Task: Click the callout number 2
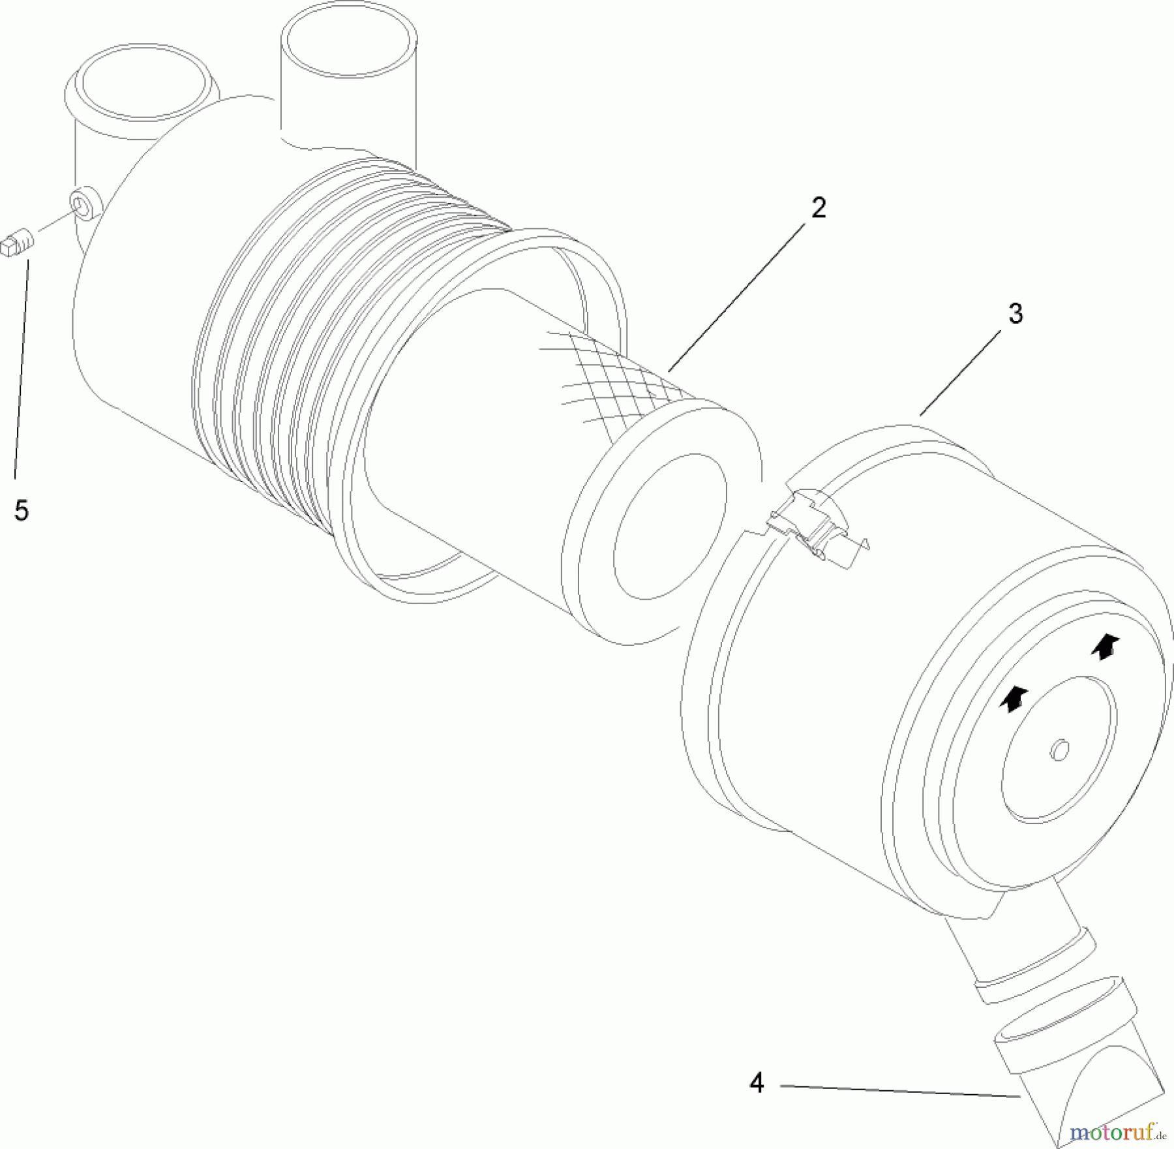(x=818, y=208)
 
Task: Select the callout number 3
(x=1016, y=314)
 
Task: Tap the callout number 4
(x=757, y=1083)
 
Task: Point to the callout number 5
(x=22, y=510)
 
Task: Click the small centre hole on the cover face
(x=1059, y=750)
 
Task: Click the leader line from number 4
(x=900, y=1090)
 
